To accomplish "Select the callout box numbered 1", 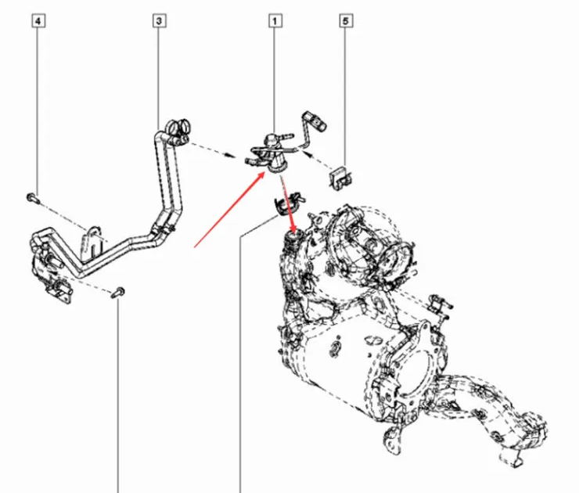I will pos(275,22).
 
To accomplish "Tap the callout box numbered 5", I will pos(345,22).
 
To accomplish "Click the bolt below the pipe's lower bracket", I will pos(117,293).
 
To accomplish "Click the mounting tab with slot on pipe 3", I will pos(95,243).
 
